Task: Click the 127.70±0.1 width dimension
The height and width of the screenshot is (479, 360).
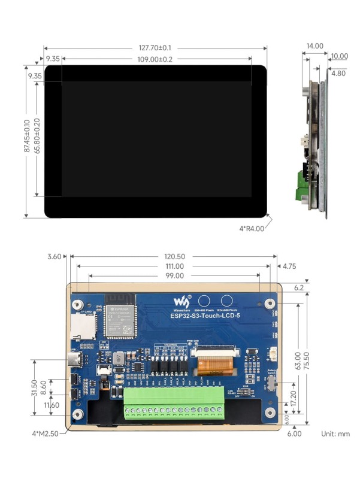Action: coord(155,48)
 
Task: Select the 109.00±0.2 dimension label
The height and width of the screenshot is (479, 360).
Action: coord(155,59)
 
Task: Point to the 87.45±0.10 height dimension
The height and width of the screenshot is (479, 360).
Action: coord(26,141)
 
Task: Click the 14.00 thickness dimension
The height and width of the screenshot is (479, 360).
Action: coord(314,46)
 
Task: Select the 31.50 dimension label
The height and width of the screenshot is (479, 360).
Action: coord(35,388)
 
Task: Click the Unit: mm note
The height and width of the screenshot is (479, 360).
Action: coord(335,433)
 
